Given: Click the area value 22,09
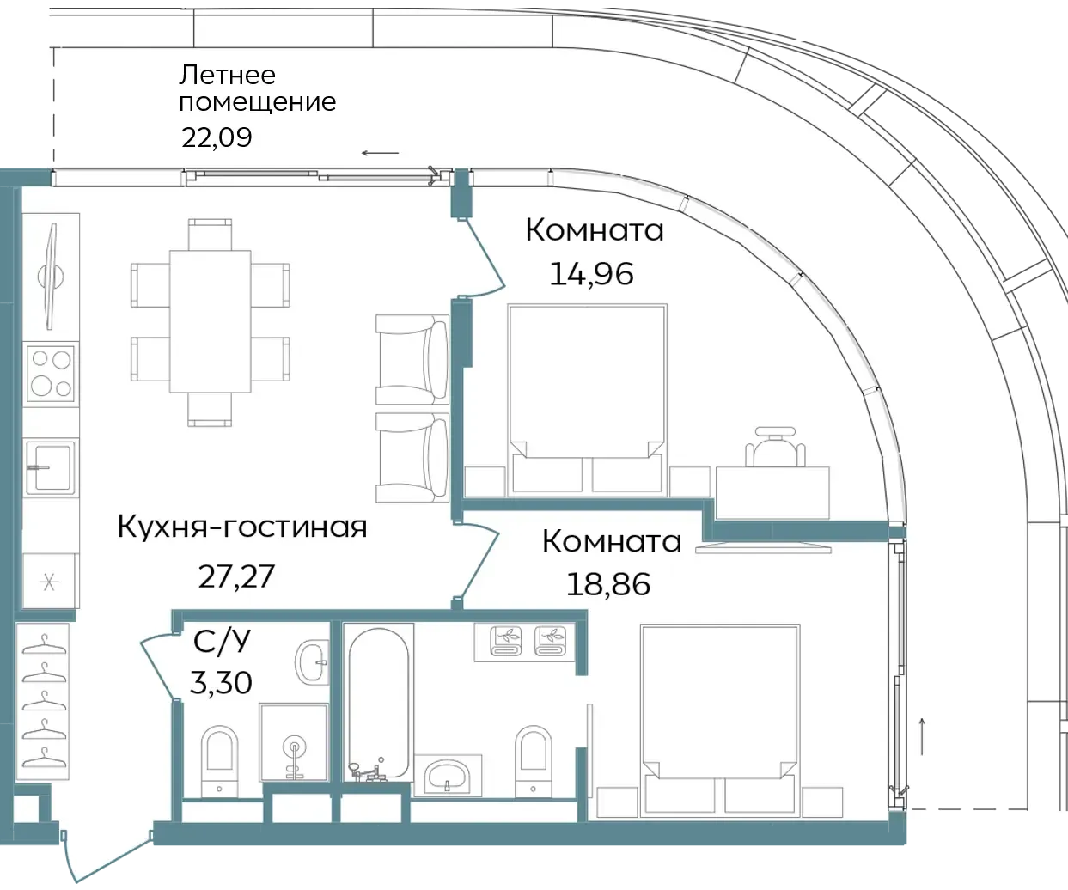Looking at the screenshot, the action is (x=217, y=137).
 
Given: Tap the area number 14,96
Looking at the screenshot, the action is (x=592, y=274).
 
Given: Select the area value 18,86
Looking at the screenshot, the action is (x=608, y=584).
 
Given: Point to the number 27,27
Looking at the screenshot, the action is (x=236, y=576).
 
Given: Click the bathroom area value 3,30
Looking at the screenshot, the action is (x=221, y=682).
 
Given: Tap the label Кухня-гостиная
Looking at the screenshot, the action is (x=242, y=527).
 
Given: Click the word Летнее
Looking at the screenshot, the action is (x=227, y=76).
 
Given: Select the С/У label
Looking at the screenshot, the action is (x=222, y=641).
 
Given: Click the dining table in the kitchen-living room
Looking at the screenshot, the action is (x=211, y=321).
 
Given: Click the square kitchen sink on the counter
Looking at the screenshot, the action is (x=51, y=467).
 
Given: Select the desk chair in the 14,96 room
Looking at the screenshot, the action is (x=775, y=447).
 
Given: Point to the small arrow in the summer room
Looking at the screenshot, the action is (x=380, y=152).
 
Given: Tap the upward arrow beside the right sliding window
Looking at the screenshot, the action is (x=922, y=736).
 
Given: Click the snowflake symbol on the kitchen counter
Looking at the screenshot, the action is (x=50, y=582).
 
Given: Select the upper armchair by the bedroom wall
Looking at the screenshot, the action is (x=412, y=360).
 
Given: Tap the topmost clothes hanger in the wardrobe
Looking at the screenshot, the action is (x=45, y=644).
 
